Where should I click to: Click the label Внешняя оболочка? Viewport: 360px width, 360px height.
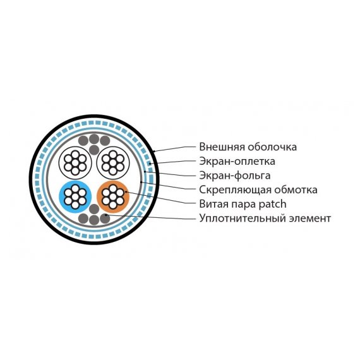point(248,147)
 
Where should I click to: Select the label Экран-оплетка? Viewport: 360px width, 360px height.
point(237,161)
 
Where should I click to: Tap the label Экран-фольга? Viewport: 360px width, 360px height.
point(235,176)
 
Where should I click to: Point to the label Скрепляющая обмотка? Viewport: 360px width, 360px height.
point(258,190)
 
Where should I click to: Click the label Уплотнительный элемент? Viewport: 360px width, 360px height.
point(265,219)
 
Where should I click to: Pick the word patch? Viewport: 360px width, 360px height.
point(272,204)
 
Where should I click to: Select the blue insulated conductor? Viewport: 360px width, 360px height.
point(75,196)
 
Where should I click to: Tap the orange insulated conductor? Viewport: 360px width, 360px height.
point(112,196)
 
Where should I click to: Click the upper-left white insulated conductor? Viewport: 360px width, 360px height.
point(75,162)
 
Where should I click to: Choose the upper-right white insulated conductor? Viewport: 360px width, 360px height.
point(112,162)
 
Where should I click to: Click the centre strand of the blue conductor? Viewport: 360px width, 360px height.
point(75,196)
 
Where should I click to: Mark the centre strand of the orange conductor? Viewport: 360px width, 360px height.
point(112,196)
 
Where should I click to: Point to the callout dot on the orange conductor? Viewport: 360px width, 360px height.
point(126,191)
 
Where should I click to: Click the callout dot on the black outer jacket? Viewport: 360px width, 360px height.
point(154,152)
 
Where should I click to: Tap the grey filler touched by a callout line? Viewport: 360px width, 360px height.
point(105,219)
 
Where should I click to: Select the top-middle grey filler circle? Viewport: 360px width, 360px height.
point(94,139)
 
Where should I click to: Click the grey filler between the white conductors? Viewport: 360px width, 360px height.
point(94,150)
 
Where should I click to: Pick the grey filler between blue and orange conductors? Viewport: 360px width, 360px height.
point(94,209)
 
